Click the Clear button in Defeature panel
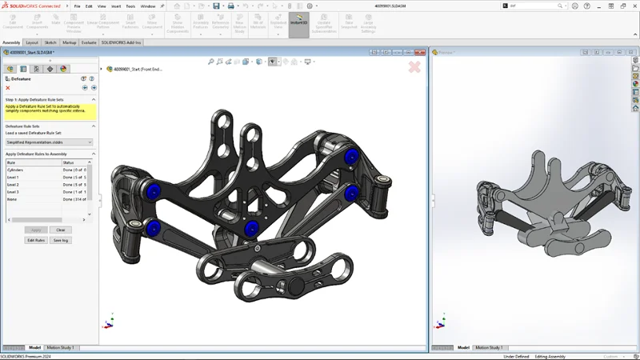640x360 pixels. [x=60, y=230]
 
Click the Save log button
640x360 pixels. [x=60, y=240]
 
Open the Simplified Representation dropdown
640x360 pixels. [x=49, y=142]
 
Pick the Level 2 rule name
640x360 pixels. [x=14, y=185]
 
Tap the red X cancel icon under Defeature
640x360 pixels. [x=8, y=88]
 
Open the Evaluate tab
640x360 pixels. [x=88, y=42]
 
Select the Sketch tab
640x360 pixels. [x=50, y=42]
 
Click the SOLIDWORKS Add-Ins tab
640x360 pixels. [x=121, y=42]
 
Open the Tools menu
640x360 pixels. [x=130, y=6]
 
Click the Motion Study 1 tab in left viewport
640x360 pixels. [x=61, y=348]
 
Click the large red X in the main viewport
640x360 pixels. [x=414, y=67]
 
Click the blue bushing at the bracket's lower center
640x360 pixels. [x=251, y=228]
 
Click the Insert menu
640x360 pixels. [x=115, y=6]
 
